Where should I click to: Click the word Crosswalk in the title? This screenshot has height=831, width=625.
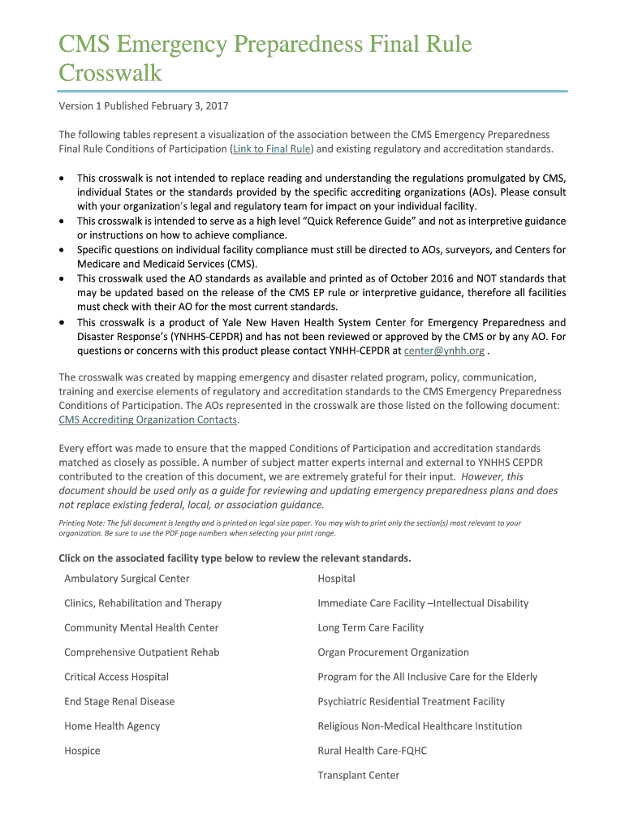tap(110, 73)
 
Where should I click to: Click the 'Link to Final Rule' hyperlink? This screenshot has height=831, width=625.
tap(272, 149)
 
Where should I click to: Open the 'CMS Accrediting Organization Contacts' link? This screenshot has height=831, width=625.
tap(148, 420)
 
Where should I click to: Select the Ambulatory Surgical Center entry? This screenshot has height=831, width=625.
tap(127, 579)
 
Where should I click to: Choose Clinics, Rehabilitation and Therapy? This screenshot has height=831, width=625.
tap(143, 603)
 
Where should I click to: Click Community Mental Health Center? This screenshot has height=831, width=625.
tap(141, 627)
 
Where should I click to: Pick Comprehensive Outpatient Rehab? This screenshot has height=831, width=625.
tap(141, 652)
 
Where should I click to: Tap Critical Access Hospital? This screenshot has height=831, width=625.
tap(116, 677)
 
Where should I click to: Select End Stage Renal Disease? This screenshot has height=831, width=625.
tap(119, 701)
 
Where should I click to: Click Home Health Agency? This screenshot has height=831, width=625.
tap(112, 726)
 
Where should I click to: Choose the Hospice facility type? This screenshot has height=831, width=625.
tap(82, 751)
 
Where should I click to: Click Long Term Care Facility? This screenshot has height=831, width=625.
tap(370, 627)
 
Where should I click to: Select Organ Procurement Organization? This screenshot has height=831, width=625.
tap(393, 652)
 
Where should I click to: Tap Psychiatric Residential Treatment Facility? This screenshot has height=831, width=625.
tap(411, 701)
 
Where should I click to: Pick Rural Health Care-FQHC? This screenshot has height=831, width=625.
tap(372, 751)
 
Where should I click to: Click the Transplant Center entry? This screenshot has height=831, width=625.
tap(358, 775)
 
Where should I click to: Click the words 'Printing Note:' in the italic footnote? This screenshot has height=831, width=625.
tap(81, 523)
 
